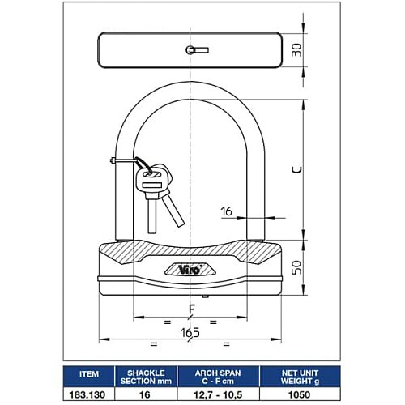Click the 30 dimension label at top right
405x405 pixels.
[x=297, y=50]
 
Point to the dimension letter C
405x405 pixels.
[x=297, y=169]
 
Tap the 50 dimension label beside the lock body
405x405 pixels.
[x=297, y=267]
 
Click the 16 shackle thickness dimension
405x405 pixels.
[x=227, y=211]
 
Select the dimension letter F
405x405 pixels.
[x=191, y=309]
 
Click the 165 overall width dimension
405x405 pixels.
[x=190, y=332]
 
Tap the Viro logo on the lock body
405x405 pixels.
[x=190, y=269]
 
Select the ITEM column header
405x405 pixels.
[x=89, y=374]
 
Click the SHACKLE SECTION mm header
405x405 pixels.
[x=146, y=377]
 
